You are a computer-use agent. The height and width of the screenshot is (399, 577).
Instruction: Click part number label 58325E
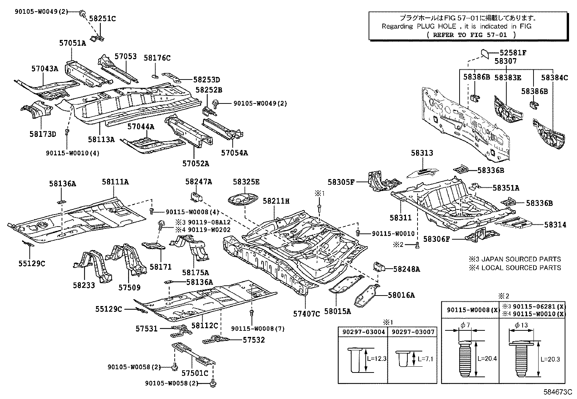246,182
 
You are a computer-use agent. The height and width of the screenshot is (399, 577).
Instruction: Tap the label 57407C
307,314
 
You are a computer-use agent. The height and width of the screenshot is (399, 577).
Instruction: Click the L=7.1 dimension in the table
425,359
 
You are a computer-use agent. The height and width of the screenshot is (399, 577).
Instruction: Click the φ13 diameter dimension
521,325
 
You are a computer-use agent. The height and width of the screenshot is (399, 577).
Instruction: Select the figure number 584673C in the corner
557,392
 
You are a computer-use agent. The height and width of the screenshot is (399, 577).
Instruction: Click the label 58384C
554,77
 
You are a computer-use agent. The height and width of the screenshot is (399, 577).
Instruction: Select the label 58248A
406,269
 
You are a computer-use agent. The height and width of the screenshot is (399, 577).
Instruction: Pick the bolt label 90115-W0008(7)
258,329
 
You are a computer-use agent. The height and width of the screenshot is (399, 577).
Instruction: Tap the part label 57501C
195,373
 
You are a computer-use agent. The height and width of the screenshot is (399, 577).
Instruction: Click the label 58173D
43,134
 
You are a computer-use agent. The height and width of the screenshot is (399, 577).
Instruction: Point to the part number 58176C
157,58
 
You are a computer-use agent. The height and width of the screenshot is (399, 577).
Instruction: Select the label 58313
422,153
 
